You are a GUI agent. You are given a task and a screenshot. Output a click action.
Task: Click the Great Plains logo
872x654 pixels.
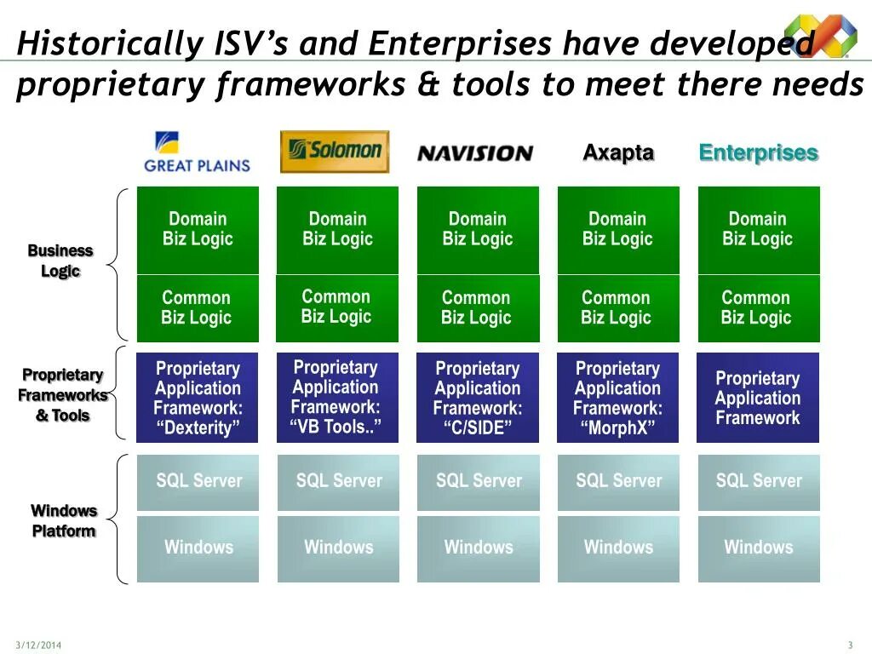198,152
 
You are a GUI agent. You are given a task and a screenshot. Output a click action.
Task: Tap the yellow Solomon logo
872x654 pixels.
335,152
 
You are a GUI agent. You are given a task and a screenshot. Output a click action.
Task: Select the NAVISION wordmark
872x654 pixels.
474,153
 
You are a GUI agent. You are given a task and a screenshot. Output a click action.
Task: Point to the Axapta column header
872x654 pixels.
618,153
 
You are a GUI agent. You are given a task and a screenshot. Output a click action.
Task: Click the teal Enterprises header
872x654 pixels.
758,153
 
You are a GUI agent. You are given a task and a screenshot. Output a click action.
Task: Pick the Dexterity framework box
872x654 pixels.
198,398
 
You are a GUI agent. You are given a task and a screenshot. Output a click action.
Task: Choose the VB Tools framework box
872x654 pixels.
337,398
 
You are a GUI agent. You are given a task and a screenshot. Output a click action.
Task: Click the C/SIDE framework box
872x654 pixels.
478,398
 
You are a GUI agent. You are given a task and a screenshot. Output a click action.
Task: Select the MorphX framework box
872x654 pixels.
617,398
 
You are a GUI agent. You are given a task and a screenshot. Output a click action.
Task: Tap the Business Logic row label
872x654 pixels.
60,261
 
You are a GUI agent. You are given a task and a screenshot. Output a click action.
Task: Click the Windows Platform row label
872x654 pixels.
64,520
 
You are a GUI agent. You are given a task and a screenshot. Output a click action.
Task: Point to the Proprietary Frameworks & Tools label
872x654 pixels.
63,395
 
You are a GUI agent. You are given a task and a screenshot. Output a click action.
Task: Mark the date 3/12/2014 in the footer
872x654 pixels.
38,644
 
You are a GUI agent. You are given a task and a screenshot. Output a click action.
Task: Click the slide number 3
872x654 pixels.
850,644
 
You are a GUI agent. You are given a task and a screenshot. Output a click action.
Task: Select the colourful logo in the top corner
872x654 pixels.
820,36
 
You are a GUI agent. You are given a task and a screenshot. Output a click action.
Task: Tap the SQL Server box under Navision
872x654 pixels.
478,482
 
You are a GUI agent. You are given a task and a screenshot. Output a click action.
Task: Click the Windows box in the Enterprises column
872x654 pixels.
758,548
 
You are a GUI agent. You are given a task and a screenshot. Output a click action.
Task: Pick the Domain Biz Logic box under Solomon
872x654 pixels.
337,230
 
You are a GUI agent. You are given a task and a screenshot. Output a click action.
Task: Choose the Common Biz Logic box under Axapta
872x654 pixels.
617,308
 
